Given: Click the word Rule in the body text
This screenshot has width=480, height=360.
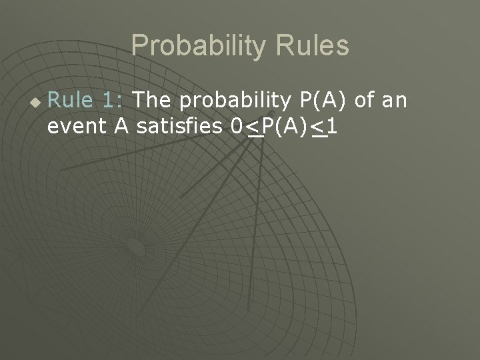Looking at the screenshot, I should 71,101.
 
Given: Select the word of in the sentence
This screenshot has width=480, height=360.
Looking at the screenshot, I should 365,101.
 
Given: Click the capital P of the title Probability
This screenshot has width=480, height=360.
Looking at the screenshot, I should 139,45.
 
